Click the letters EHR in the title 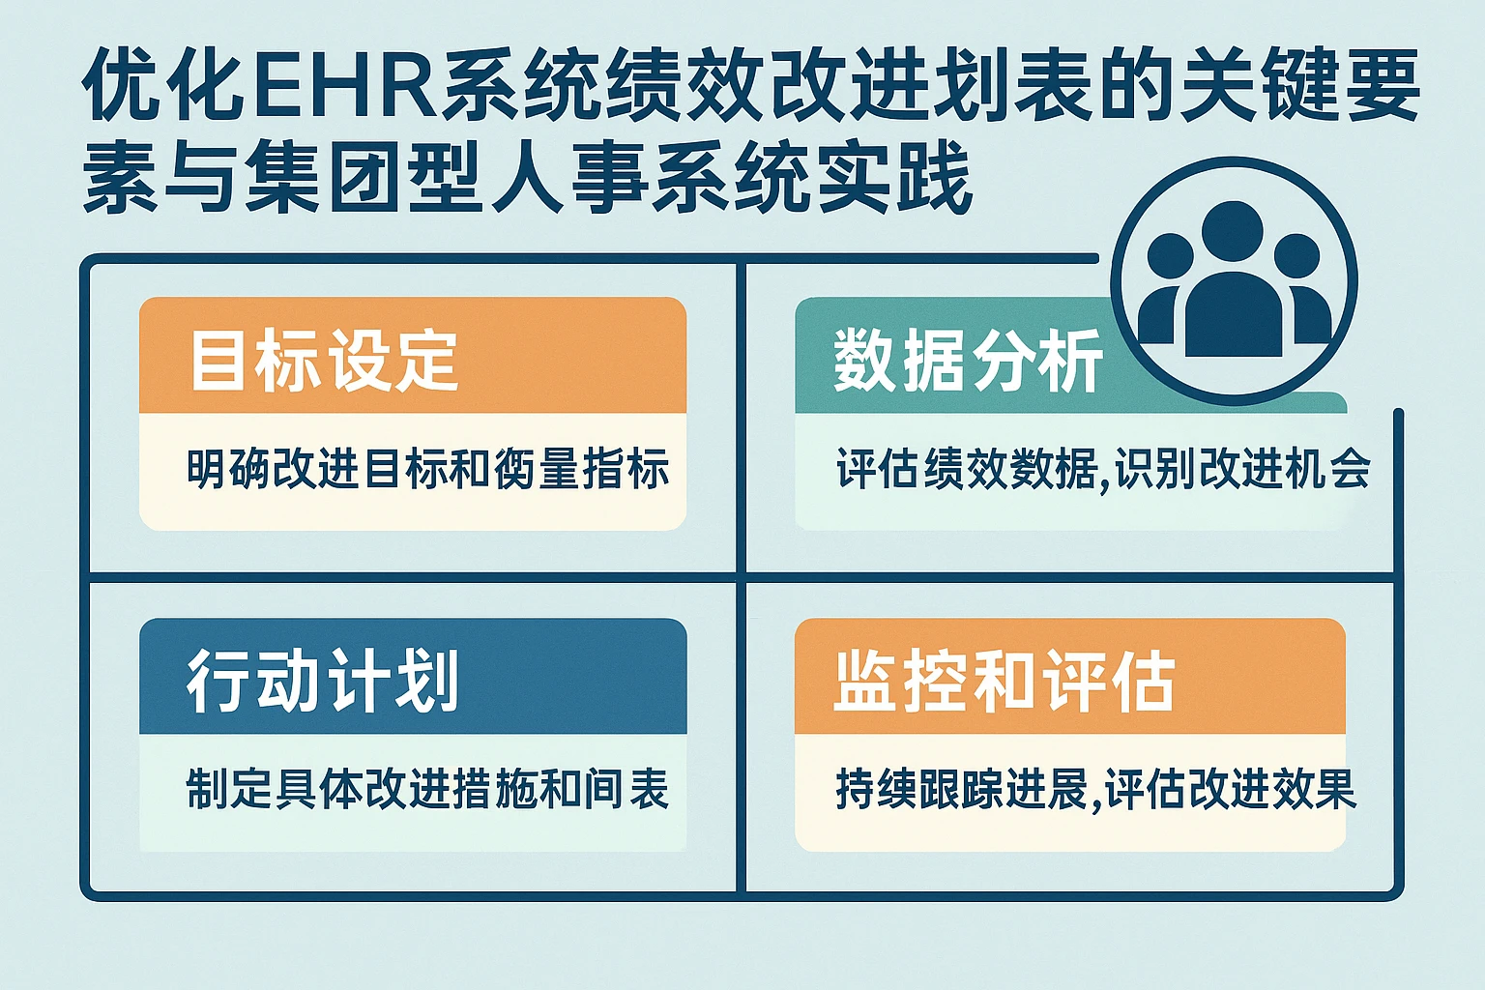pyautogui.click(x=340, y=85)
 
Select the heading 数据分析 pyautogui.click(x=968, y=362)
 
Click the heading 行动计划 pyautogui.click(x=323, y=681)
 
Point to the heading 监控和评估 pyautogui.click(x=1004, y=682)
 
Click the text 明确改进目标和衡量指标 pyautogui.click(x=427, y=470)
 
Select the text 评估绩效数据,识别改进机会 pyautogui.click(x=1102, y=470)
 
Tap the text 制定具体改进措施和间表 pyautogui.click(x=427, y=789)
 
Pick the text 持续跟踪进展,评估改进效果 pyautogui.click(x=1095, y=789)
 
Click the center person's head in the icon pyautogui.click(x=1232, y=232)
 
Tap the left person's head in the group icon pyautogui.click(x=1170, y=256)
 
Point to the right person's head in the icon pyautogui.click(x=1296, y=256)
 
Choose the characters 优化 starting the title pyautogui.click(x=160, y=85)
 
